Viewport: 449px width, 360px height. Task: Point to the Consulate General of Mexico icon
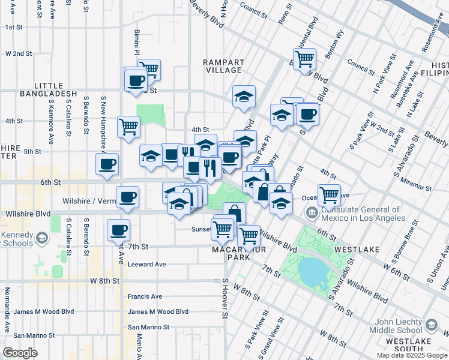click(312, 212)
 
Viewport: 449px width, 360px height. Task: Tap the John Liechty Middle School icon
click(431, 325)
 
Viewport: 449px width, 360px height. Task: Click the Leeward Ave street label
click(146, 264)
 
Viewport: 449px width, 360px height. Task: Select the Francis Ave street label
click(145, 296)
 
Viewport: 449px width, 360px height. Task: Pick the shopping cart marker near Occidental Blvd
click(305, 58)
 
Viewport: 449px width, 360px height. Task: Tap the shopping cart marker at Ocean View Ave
click(329, 194)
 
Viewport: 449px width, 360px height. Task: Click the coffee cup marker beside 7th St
click(118, 229)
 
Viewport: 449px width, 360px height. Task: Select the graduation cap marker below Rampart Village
click(244, 96)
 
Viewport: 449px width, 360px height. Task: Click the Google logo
click(20, 353)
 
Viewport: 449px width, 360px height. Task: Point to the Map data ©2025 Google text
click(412, 355)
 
